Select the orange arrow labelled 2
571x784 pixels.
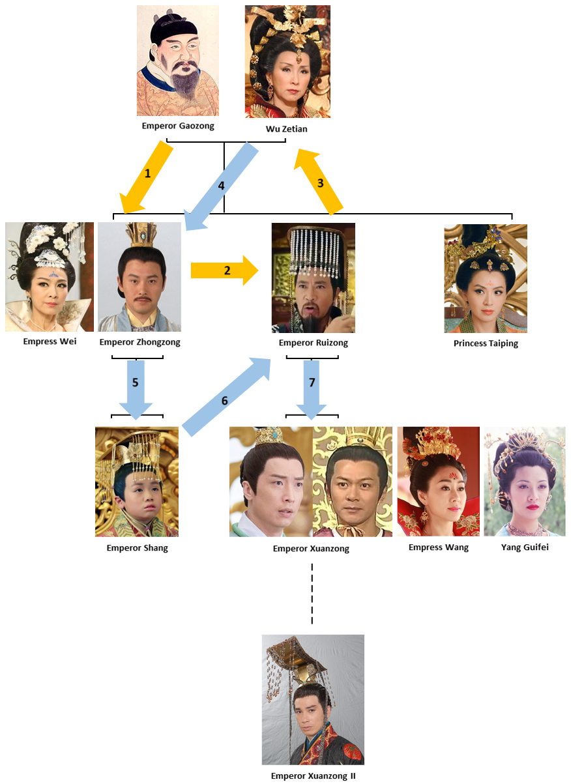(x=224, y=270)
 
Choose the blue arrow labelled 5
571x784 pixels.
(x=136, y=388)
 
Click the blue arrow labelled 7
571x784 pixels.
(x=312, y=388)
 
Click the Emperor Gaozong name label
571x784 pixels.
(x=178, y=126)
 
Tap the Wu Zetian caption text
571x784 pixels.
(x=286, y=129)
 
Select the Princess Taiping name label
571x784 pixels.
(x=486, y=343)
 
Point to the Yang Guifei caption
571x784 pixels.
(x=525, y=547)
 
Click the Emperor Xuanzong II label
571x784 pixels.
(x=312, y=776)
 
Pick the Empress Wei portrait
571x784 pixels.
(x=50, y=277)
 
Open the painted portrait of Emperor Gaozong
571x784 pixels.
(x=178, y=61)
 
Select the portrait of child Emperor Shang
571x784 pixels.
(x=137, y=482)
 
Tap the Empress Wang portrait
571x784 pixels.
(x=438, y=481)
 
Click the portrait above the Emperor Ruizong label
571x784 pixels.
(x=314, y=278)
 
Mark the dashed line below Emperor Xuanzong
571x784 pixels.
(x=312, y=593)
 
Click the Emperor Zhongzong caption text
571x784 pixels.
(x=139, y=342)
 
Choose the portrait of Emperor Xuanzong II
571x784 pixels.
(x=313, y=699)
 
